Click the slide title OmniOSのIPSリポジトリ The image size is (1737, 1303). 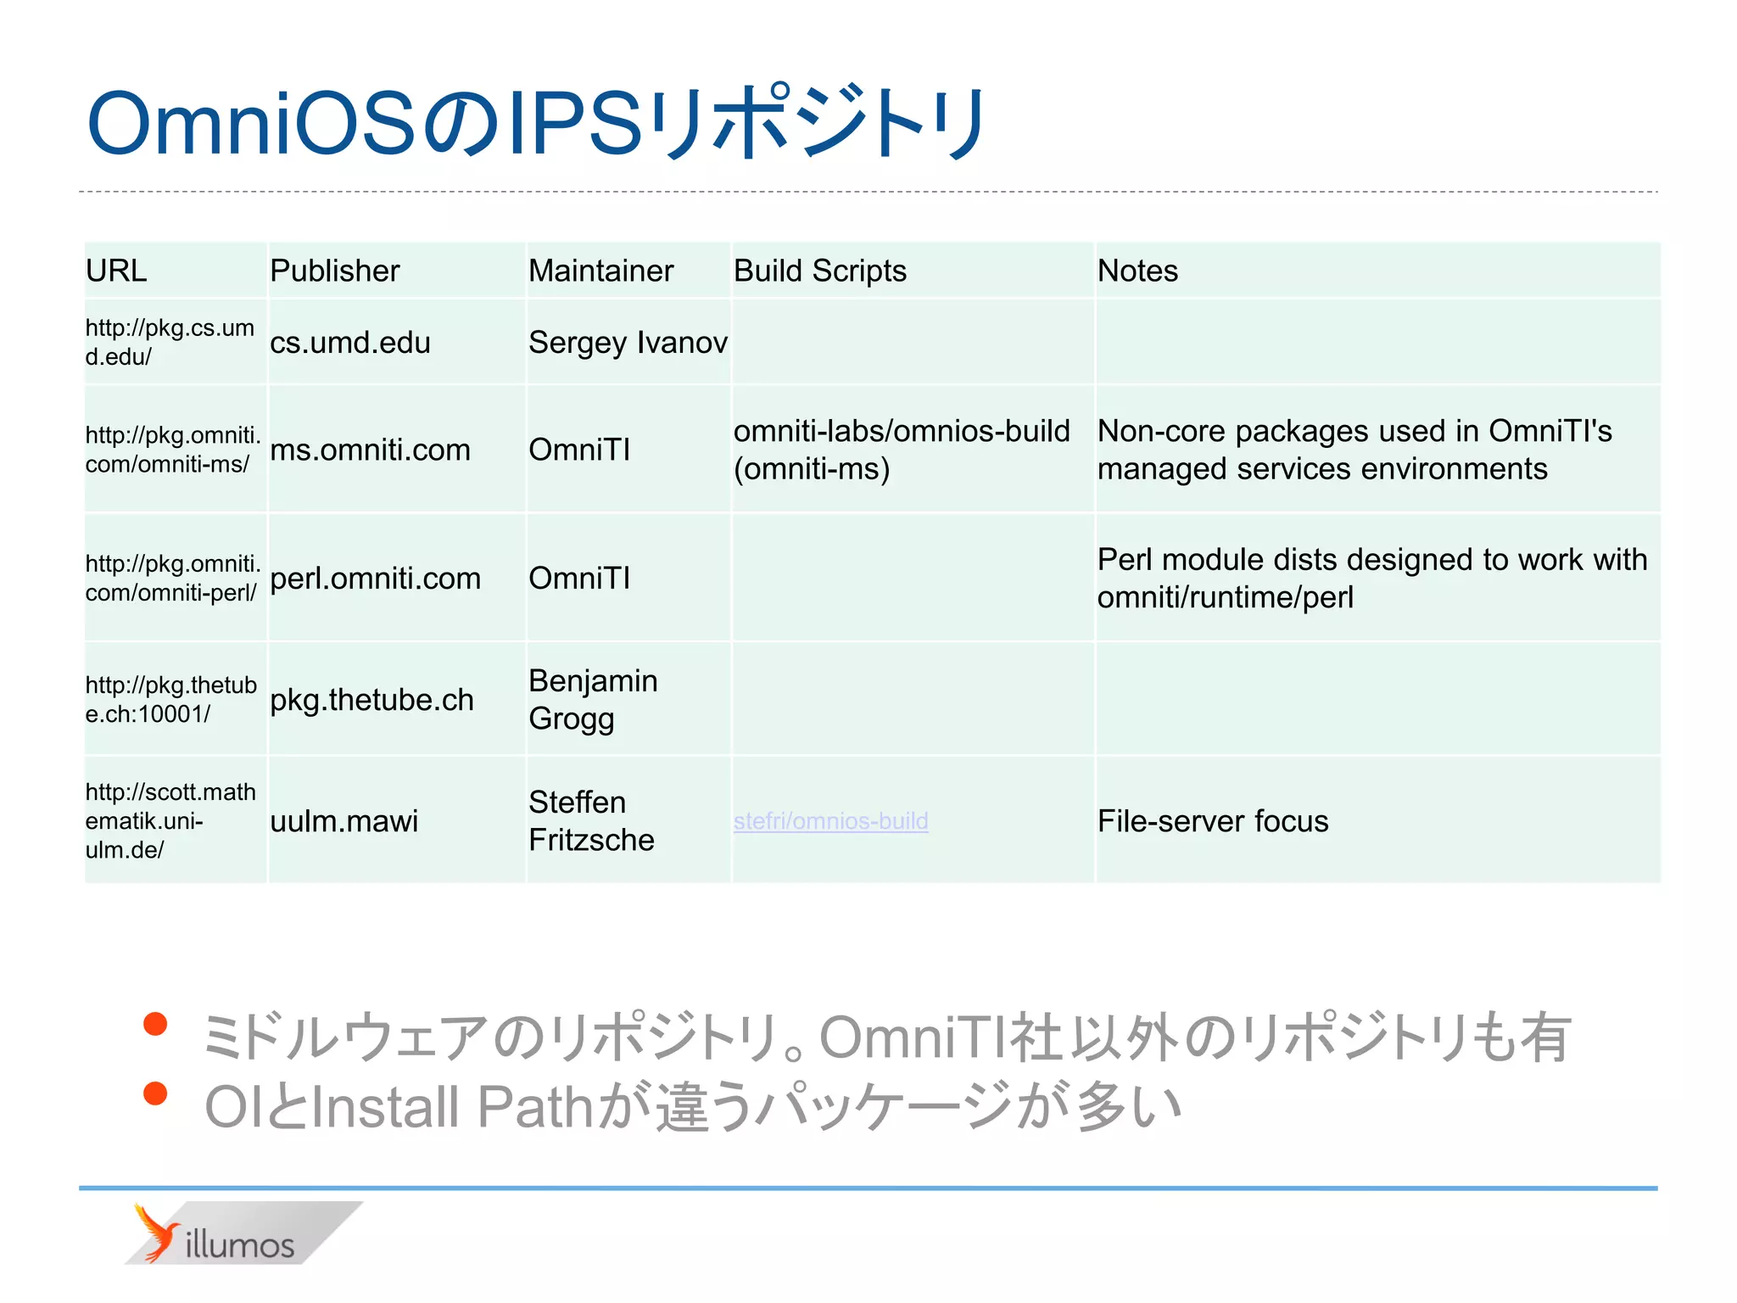(x=536, y=124)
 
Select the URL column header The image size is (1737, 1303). (x=116, y=271)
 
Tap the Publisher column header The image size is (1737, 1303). (x=334, y=271)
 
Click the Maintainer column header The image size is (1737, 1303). (x=600, y=271)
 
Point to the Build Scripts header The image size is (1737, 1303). (x=819, y=271)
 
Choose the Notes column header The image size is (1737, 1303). (x=1137, y=271)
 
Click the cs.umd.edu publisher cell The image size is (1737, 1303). (x=349, y=343)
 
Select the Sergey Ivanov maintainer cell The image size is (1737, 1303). (x=628, y=343)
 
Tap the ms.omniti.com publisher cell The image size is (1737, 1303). (x=370, y=450)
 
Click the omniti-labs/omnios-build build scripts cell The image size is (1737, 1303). (x=901, y=450)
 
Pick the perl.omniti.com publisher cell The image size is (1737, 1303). (x=375, y=579)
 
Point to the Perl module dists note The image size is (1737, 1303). (x=1371, y=579)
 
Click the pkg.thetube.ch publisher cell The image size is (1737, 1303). (x=371, y=700)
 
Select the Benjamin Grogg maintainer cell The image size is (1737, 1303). (x=593, y=700)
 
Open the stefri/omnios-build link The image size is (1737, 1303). (x=830, y=821)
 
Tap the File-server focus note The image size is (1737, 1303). (x=1213, y=821)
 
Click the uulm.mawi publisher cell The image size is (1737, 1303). (x=343, y=821)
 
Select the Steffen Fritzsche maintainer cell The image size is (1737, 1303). (x=591, y=821)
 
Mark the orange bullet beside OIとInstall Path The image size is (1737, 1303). (x=155, y=1093)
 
